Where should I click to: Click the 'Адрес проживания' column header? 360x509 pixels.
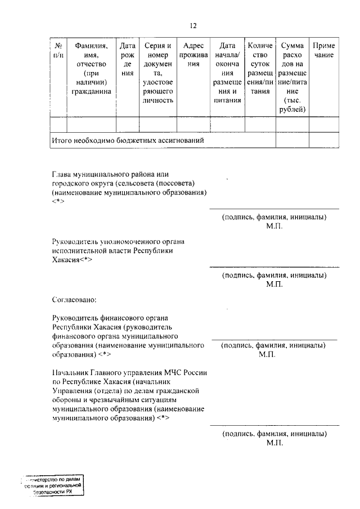(x=193, y=55)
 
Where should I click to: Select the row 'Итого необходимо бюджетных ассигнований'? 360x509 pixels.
(x=127, y=139)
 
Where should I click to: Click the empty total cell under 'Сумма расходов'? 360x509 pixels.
(x=292, y=139)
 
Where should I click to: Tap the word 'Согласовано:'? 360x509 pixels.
(x=74, y=298)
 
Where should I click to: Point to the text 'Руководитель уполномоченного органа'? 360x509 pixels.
(x=118, y=241)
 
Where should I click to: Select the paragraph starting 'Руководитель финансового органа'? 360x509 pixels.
(x=127, y=336)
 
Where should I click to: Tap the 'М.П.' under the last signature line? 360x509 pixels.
(x=274, y=443)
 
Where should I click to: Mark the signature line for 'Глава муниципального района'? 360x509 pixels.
(x=274, y=209)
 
